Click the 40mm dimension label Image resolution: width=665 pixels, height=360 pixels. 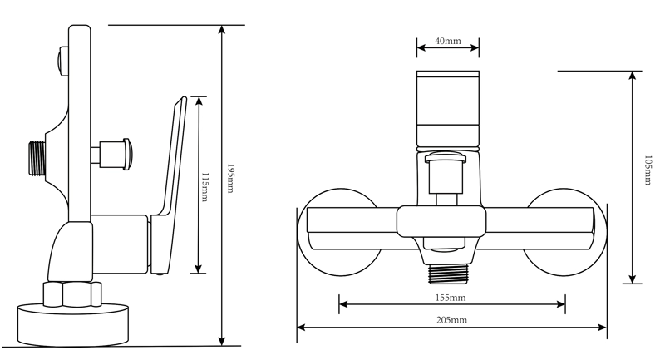point(448,41)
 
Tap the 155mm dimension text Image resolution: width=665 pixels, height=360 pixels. point(451,298)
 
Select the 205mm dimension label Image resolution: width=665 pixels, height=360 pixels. point(451,320)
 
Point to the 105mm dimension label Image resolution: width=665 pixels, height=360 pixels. point(648,170)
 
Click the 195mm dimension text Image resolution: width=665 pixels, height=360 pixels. point(230,178)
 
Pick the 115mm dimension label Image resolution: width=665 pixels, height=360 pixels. point(204,187)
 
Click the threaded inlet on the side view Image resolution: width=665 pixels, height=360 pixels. point(37,158)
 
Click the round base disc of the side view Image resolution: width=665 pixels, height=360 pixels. point(73,324)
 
